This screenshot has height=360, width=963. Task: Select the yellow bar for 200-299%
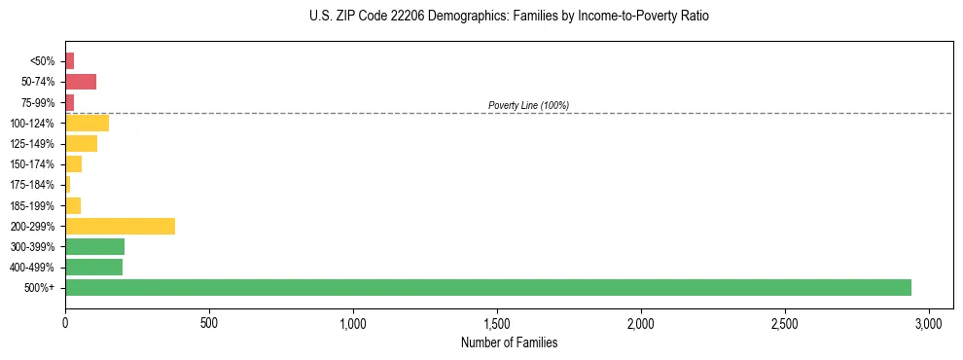pos(120,226)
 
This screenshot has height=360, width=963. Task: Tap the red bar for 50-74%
pos(81,82)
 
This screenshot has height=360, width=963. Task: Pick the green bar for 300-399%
pos(94,246)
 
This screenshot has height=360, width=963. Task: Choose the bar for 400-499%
pos(93,267)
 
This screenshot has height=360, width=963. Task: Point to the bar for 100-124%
pos(87,123)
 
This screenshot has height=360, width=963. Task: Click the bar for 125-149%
pos(81,144)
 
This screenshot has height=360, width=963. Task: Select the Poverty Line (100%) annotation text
pos(528,105)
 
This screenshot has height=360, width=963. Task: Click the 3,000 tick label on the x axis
pos(929,323)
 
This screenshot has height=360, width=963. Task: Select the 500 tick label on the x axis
pos(209,323)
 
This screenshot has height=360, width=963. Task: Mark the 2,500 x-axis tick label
pos(785,323)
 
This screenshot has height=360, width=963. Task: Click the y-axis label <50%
pos(43,61)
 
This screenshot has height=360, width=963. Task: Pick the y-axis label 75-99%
pos(39,102)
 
